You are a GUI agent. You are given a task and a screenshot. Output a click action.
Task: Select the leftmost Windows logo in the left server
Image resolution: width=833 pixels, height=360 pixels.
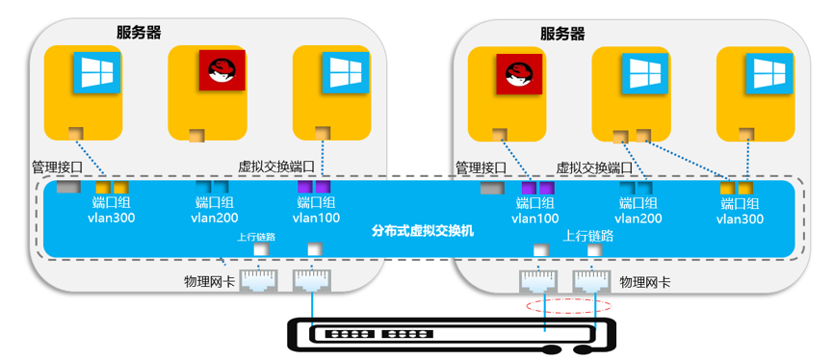(95, 72)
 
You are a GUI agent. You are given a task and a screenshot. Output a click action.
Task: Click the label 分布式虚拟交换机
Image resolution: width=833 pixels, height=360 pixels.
(423, 231)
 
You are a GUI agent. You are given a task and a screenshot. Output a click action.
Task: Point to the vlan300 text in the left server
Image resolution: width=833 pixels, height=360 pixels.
(112, 218)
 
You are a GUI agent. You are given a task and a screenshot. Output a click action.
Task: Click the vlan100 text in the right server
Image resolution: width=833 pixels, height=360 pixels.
(534, 219)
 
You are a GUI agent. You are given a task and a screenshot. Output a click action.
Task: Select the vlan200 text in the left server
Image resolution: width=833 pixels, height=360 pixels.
(215, 218)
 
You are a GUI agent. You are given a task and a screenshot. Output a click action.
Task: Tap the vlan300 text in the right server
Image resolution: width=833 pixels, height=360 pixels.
(740, 219)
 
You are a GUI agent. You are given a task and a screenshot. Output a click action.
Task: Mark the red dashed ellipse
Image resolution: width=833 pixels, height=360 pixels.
(568, 306)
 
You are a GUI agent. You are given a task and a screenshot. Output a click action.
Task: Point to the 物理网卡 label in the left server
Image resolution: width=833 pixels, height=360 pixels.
(210, 282)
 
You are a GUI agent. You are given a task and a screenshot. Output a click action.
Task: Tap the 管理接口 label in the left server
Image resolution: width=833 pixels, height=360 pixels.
(57, 167)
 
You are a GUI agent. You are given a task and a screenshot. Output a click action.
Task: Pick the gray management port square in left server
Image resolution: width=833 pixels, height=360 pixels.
(67, 188)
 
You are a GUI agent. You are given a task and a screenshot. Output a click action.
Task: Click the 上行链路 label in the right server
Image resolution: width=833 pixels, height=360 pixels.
(588, 234)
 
